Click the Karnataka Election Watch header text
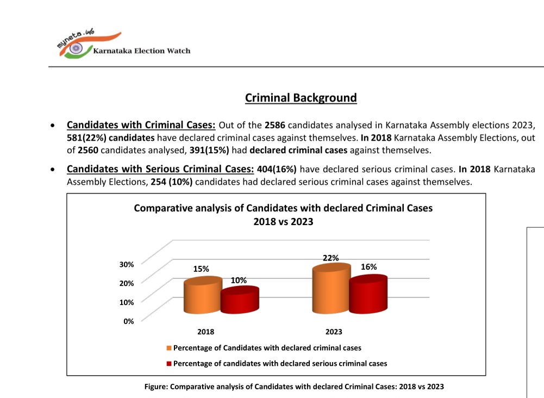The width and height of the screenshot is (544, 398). (x=142, y=51)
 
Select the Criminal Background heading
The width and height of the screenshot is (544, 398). (x=301, y=98)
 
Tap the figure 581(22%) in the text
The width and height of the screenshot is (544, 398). (x=88, y=137)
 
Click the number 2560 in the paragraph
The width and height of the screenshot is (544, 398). (x=88, y=149)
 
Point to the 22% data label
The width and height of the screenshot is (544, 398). (x=330, y=258)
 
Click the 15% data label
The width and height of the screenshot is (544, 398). (x=201, y=269)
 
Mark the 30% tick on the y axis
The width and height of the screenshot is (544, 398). (x=127, y=264)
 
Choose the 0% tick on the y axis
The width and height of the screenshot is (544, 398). (x=128, y=321)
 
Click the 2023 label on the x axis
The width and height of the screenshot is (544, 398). (x=334, y=332)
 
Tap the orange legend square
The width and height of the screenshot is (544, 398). (x=169, y=348)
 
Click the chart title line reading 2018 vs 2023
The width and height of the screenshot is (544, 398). (x=283, y=222)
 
